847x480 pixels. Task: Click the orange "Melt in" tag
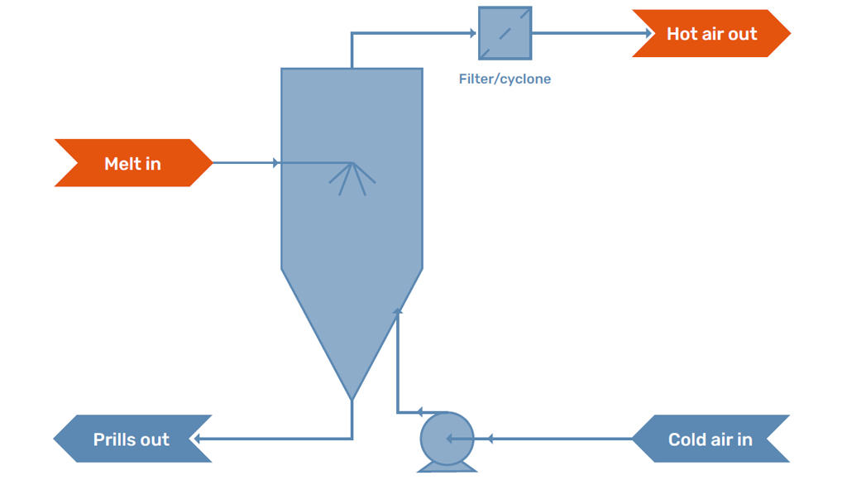tap(132, 163)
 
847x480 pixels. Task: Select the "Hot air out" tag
tap(711, 34)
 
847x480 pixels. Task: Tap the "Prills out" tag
tap(132, 439)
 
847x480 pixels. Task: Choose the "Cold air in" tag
tap(710, 439)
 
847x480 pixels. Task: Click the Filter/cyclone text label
tap(505, 79)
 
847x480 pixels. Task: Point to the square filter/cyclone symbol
tap(505, 34)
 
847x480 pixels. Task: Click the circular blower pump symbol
tap(447, 438)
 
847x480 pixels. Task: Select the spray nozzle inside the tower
tap(352, 176)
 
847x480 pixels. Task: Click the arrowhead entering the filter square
tap(473, 34)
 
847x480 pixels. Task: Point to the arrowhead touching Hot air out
tap(649, 34)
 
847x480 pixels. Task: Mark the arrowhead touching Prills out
tap(198, 439)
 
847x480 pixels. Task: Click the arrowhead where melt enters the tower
tap(276, 163)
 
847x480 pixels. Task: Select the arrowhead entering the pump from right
tap(488, 439)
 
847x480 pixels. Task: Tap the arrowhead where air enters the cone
tap(398, 312)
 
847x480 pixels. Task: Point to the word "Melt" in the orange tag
tap(121, 163)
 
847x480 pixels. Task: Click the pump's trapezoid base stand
tap(447, 468)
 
